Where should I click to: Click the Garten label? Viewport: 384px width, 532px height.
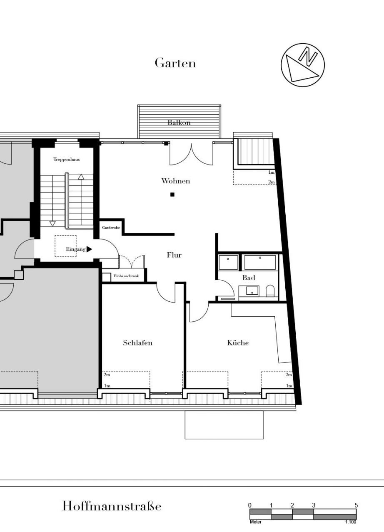point(175,63)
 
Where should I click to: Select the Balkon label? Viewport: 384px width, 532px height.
point(179,123)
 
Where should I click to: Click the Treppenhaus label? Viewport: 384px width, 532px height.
point(67,159)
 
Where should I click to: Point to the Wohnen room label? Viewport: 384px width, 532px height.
point(176,181)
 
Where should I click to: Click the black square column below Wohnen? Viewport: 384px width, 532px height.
point(172,195)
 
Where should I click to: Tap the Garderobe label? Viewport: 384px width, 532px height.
point(111,227)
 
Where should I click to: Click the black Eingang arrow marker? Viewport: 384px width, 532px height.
point(89,249)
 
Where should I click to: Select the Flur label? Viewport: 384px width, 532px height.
point(174,255)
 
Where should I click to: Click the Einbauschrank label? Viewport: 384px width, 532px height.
point(126,276)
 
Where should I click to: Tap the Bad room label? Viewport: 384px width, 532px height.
point(249,277)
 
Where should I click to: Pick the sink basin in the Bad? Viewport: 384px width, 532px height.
point(252,290)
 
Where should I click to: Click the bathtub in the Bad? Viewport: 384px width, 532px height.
point(260,262)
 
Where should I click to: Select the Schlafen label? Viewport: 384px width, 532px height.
point(138,343)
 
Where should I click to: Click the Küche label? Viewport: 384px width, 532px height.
point(238,343)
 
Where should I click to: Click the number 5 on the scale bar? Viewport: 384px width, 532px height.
point(356,505)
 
